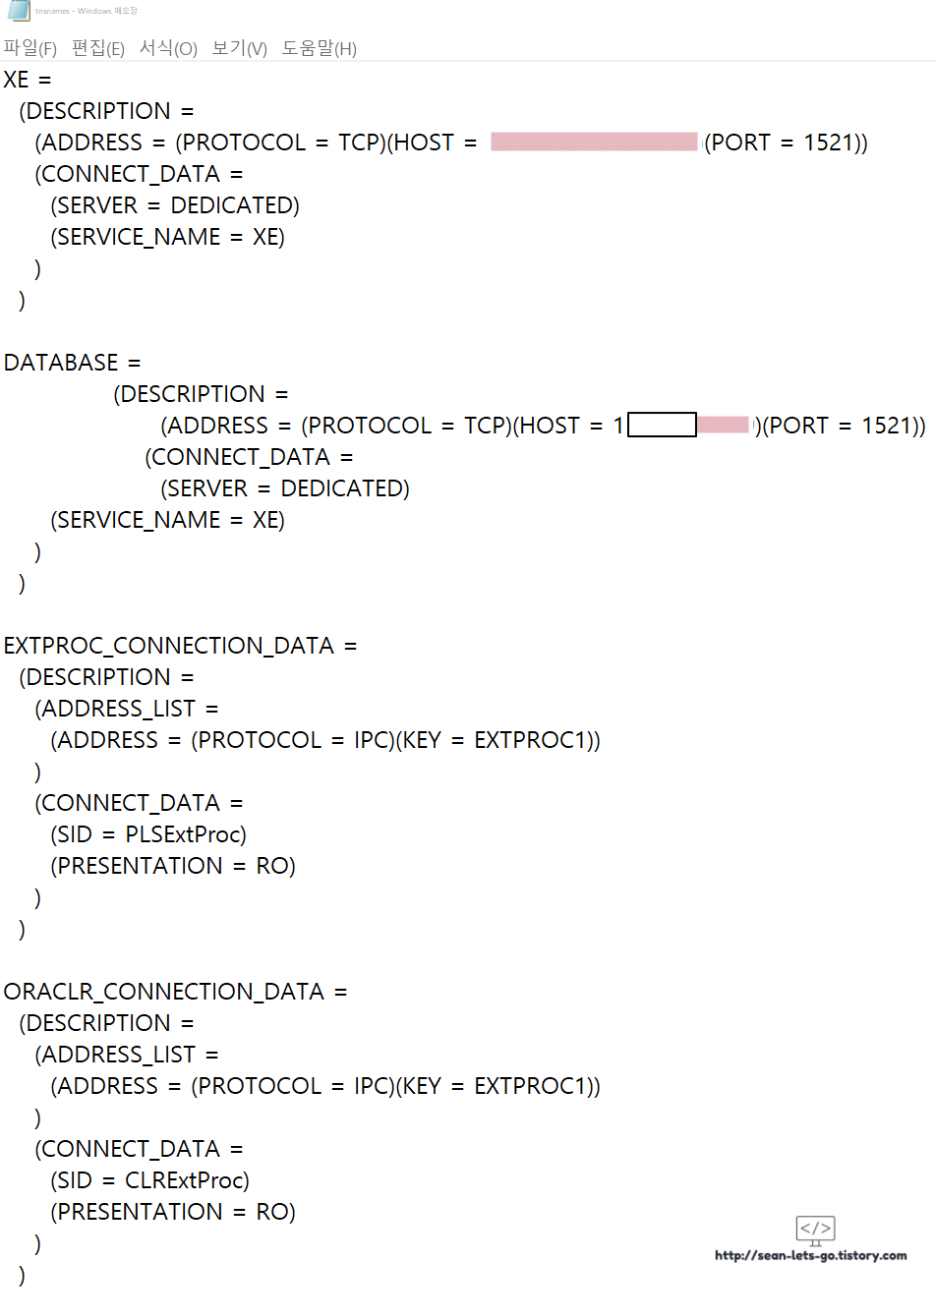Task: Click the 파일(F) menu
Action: [30, 48]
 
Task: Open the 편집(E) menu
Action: [98, 48]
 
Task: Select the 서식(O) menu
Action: [168, 48]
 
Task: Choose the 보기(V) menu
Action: [240, 48]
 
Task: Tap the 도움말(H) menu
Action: [320, 48]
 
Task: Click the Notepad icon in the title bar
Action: [19, 11]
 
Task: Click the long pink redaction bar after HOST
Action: [594, 142]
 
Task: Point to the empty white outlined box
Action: [662, 425]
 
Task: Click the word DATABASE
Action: [61, 363]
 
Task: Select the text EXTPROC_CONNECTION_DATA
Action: [169, 646]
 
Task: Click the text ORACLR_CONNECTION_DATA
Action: [164, 992]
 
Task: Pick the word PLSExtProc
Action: [186, 834]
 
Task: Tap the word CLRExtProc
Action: [187, 1180]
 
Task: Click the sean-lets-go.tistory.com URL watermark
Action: [811, 1255]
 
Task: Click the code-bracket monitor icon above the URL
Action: [815, 1230]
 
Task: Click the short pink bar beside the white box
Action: [724, 425]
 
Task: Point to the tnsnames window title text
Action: [87, 11]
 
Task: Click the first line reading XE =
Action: [27, 80]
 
